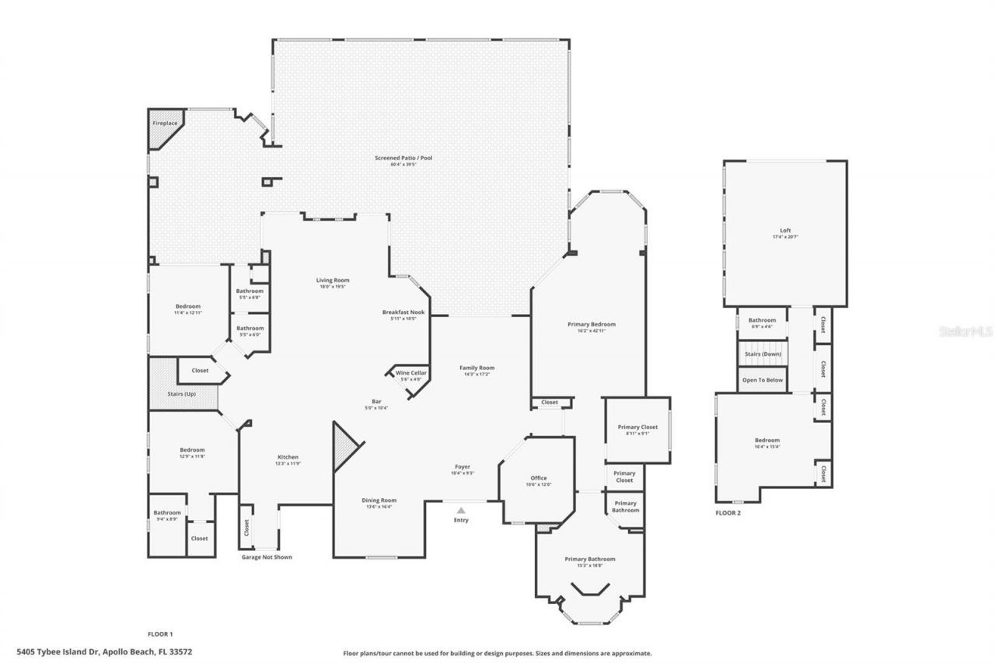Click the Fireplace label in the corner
click(164, 124)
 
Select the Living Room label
click(333, 281)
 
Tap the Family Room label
click(477, 368)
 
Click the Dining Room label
click(379, 501)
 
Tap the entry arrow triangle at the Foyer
click(461, 511)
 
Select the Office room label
click(539, 479)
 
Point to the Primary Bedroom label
click(592, 324)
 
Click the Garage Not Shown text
click(267, 557)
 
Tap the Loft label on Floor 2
click(786, 231)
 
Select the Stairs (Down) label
click(762, 354)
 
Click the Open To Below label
click(762, 380)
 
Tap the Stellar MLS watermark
click(965, 331)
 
